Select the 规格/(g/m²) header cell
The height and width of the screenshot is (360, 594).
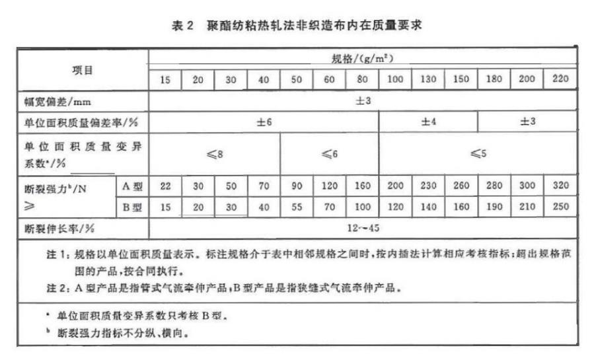pyautogui.click(x=363, y=58)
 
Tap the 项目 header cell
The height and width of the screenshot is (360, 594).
pyautogui.click(x=83, y=69)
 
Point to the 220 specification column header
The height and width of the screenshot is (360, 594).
pyautogui.click(x=559, y=79)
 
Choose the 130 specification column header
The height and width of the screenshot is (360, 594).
pyautogui.click(x=428, y=79)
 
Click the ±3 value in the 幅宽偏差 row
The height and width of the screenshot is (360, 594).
pyautogui.click(x=363, y=101)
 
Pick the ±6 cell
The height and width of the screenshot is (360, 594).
pyautogui.click(x=264, y=123)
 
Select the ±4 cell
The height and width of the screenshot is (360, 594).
pyautogui.click(x=428, y=123)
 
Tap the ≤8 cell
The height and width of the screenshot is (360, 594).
pyautogui.click(x=214, y=154)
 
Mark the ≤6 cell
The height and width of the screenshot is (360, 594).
pyautogui.click(x=329, y=154)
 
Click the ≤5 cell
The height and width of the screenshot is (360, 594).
pyautogui.click(x=477, y=154)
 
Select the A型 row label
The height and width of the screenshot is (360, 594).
pyautogui.click(x=133, y=186)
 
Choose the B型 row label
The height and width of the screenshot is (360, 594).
pyautogui.click(x=133, y=207)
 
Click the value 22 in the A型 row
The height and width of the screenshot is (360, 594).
pyautogui.click(x=165, y=186)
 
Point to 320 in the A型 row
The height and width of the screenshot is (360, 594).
pyautogui.click(x=559, y=186)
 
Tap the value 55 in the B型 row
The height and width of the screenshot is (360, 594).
pyautogui.click(x=297, y=207)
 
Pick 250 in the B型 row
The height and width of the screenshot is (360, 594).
pyautogui.click(x=559, y=207)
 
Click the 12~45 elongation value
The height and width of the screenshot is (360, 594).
pyautogui.click(x=363, y=229)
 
